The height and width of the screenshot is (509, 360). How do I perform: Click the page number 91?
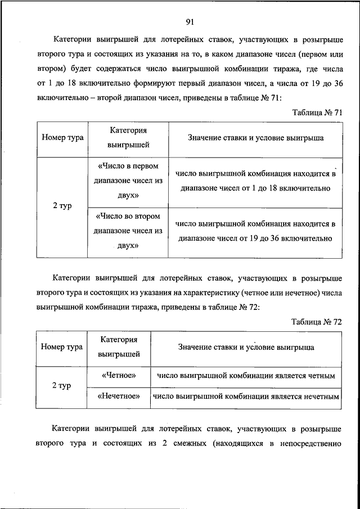(x=190, y=22)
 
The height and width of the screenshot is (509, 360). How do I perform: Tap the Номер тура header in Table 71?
(x=62, y=137)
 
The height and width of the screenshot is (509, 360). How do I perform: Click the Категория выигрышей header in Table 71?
(x=128, y=137)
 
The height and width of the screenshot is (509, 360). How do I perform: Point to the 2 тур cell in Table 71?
(x=62, y=206)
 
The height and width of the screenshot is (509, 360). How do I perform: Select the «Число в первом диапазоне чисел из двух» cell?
(x=129, y=181)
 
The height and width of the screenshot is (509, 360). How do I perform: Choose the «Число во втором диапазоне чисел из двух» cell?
(x=129, y=231)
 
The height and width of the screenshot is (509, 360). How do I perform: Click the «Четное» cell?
(x=119, y=375)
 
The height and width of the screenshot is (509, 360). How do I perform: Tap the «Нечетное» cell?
(x=119, y=396)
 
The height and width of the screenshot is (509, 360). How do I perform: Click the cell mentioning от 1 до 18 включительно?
(x=255, y=181)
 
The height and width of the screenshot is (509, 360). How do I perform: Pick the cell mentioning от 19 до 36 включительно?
(x=255, y=231)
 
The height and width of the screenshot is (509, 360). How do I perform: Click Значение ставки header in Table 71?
(x=255, y=137)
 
